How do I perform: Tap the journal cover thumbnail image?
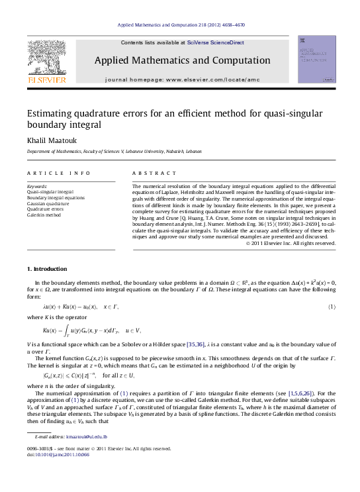(x=316, y=60)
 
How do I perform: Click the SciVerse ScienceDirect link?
(x=215, y=42)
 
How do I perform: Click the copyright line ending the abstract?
(x=291, y=243)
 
